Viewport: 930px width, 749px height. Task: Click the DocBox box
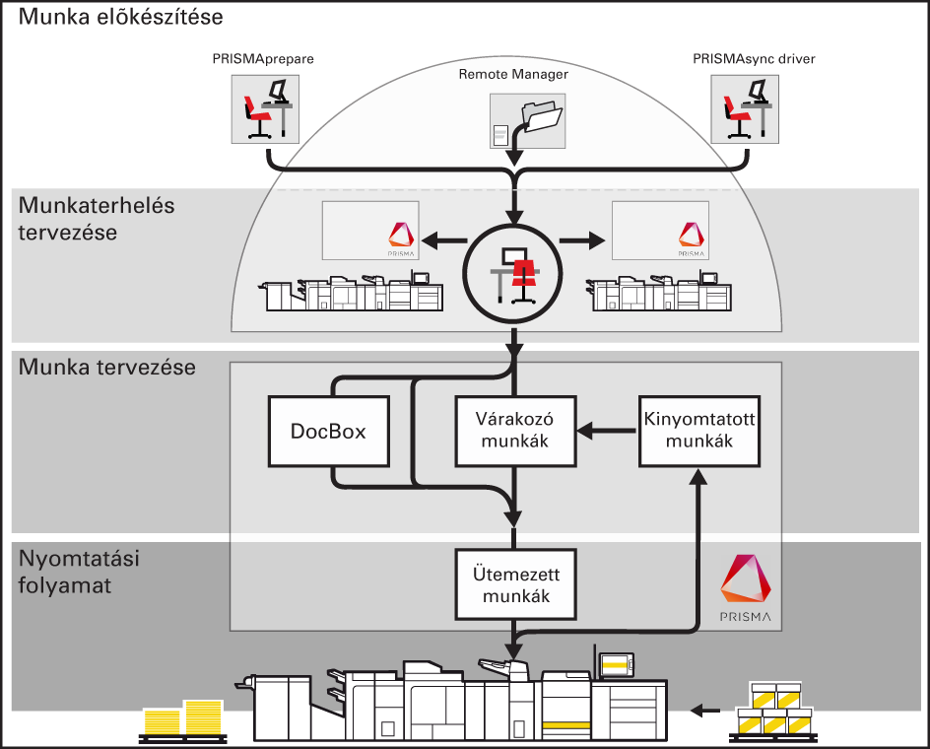[329, 431]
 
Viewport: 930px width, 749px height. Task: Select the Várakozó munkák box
[515, 431]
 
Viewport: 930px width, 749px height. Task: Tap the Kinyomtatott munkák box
[699, 431]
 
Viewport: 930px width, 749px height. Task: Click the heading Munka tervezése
[107, 367]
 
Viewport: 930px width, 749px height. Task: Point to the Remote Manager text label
[513, 74]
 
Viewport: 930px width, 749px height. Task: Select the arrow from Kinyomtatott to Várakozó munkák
[607, 431]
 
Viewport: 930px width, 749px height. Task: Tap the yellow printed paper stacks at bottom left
[184, 720]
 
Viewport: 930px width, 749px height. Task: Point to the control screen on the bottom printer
[615, 666]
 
